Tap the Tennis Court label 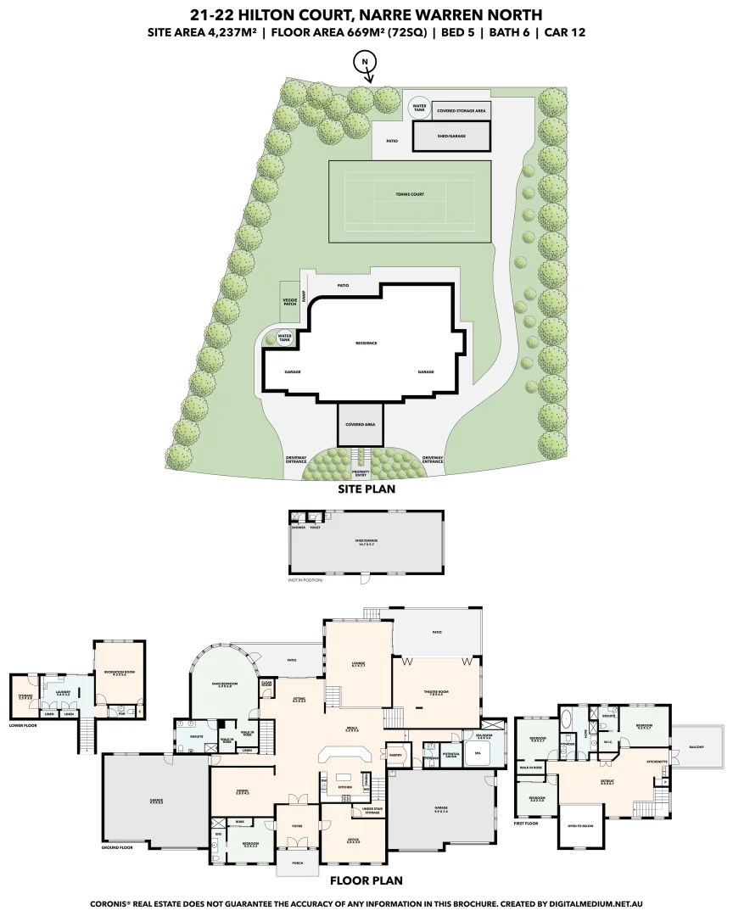point(410,194)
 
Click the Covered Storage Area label point(462,110)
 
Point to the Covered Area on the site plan point(360,424)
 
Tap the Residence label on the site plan point(366,343)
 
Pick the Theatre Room point(435,691)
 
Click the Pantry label point(394,753)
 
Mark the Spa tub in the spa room point(477,752)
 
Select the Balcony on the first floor point(698,747)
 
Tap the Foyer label point(297,824)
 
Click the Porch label point(297,863)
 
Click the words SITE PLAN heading point(366,489)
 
